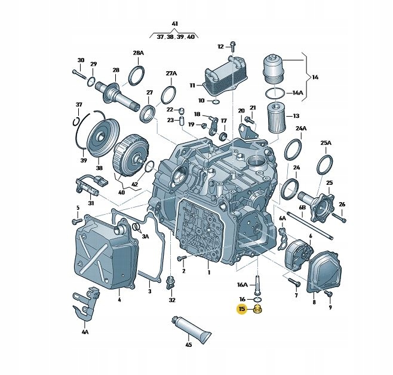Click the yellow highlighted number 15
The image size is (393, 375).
(x=242, y=309)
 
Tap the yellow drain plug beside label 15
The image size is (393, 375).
(x=258, y=310)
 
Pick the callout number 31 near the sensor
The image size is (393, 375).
(x=91, y=203)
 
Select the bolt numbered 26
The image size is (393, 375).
(x=337, y=217)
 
